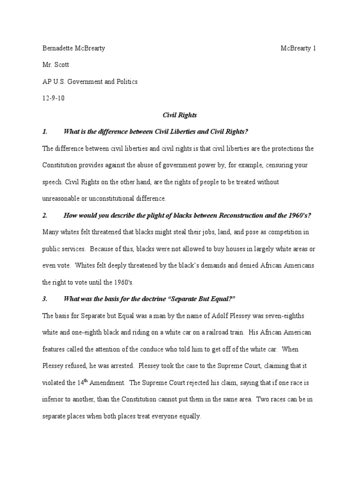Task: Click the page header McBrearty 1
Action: [x=299, y=48]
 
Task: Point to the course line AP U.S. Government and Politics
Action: [x=90, y=81]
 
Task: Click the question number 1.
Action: [x=45, y=131]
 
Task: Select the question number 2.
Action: [x=45, y=215]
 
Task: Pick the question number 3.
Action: [x=45, y=299]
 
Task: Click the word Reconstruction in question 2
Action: [x=217, y=215]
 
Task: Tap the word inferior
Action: [x=52, y=399]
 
